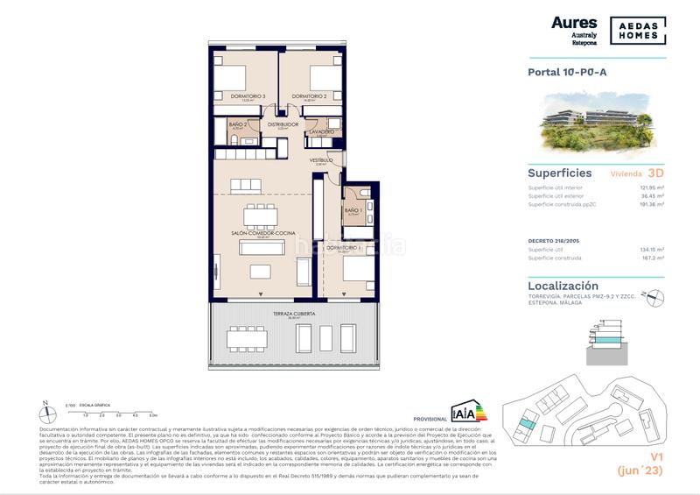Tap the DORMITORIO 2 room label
[309, 95]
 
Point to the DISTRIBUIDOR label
[283, 125]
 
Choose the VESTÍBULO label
[321, 160]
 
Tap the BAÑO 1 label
[353, 210]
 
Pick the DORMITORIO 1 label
[341, 249]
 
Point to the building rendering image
[596, 124]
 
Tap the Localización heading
[563, 286]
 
